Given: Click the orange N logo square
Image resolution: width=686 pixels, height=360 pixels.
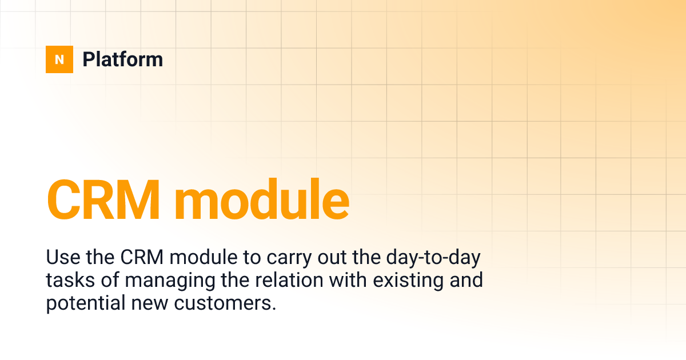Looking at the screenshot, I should pyautogui.click(x=59, y=59).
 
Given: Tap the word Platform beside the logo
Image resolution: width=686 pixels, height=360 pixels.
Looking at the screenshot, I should pyautogui.click(x=122, y=59).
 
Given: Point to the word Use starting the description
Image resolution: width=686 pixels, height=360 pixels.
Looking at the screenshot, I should pyautogui.click(x=61, y=258).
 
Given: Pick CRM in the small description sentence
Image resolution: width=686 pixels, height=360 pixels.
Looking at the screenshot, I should pyautogui.click(x=142, y=258).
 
